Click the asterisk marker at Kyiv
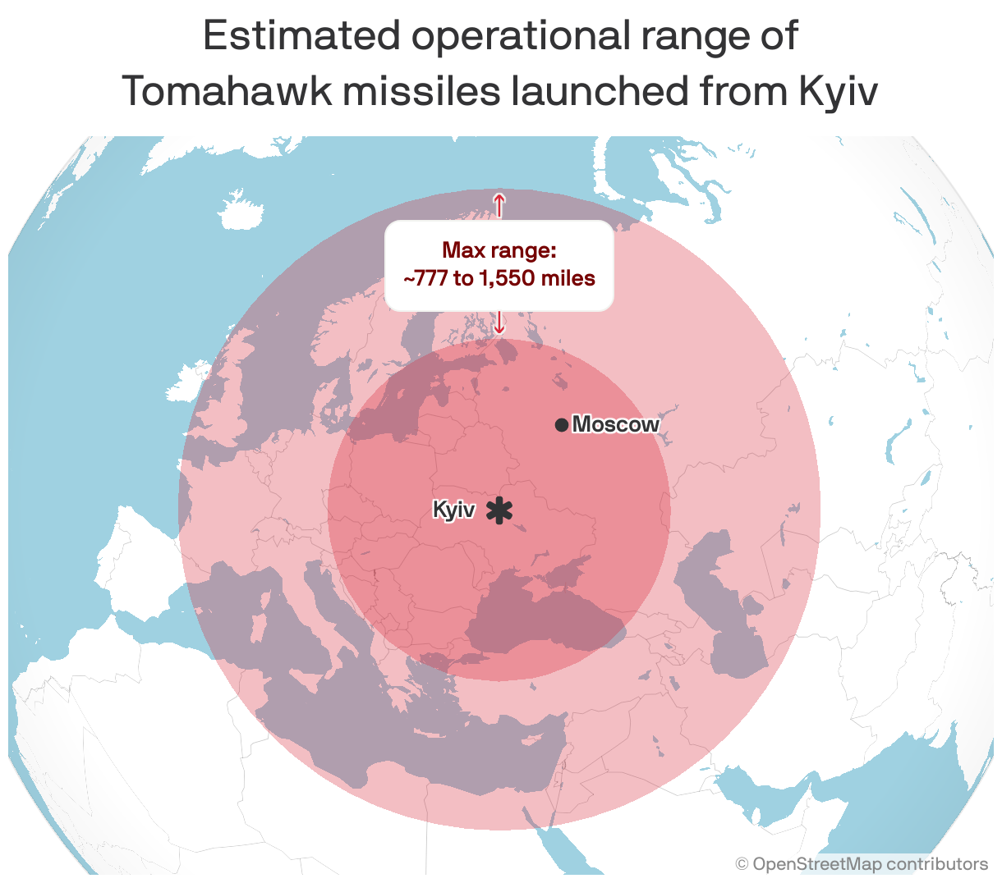[499, 510]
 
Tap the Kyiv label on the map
[453, 510]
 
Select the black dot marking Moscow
[561, 425]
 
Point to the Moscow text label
[615, 424]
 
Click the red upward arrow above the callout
[499, 204]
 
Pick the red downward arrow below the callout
[499, 323]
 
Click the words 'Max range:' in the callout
[499, 250]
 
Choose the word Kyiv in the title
[837, 92]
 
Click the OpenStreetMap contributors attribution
[870, 864]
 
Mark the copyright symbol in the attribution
[742, 864]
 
